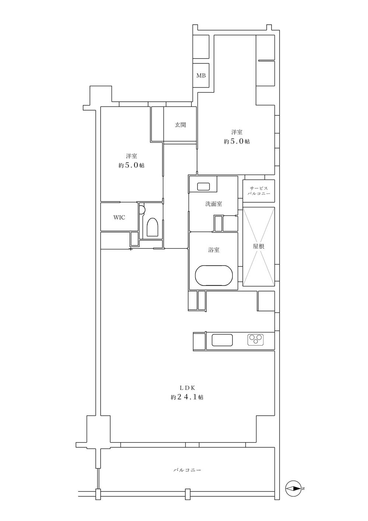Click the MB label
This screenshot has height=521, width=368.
[x=201, y=76]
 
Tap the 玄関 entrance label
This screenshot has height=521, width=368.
[x=180, y=125]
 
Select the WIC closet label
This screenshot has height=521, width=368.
[x=119, y=217]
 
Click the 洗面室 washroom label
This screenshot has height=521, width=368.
[x=214, y=204]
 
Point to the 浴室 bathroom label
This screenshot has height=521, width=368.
[x=214, y=250]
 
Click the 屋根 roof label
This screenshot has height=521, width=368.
[x=258, y=246]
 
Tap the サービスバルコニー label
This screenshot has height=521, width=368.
[x=259, y=190]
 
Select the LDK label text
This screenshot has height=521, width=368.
[x=187, y=388]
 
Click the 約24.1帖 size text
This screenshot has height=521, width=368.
[x=187, y=398]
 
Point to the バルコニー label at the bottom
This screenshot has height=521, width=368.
[x=187, y=470]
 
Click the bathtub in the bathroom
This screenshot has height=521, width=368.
[x=214, y=275]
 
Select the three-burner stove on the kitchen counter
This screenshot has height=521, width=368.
[x=255, y=340]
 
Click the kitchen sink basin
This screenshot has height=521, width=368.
[x=222, y=340]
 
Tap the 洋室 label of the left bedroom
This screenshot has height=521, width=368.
[x=131, y=156]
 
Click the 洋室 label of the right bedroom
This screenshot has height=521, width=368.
[x=236, y=132]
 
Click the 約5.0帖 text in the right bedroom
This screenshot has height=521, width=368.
[x=236, y=141]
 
